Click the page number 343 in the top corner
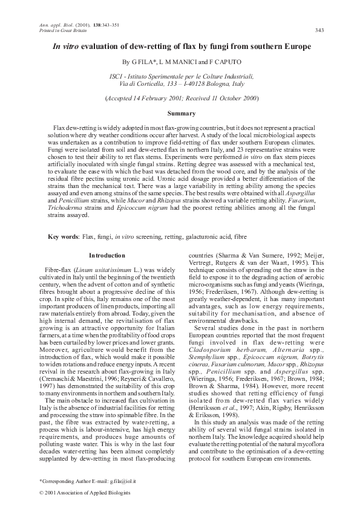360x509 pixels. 320,30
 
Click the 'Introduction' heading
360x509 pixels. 106,256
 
